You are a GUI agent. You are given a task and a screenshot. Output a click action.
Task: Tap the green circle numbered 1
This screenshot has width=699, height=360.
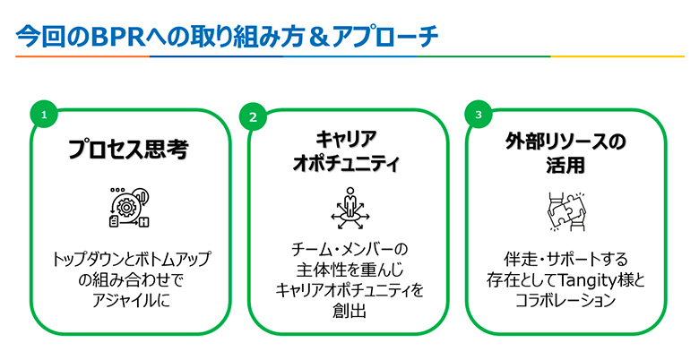click(x=43, y=115)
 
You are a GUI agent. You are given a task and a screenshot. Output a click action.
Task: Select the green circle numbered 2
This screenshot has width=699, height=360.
click(x=253, y=116)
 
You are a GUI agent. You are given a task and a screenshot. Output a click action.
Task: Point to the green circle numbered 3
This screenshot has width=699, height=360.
click(x=479, y=115)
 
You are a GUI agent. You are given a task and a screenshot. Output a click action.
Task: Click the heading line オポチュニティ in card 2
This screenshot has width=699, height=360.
click(x=346, y=164)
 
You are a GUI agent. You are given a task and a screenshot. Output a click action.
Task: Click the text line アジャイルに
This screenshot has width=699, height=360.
click(x=129, y=299)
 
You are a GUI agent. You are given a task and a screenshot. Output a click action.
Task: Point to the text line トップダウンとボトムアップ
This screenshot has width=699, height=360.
click(x=129, y=259)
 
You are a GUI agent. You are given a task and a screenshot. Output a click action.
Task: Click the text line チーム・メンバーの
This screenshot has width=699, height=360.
click(x=349, y=248)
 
